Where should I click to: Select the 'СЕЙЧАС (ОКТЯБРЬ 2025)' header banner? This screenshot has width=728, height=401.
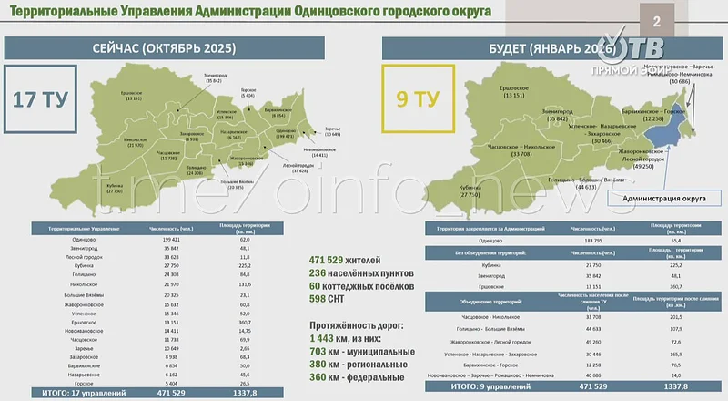(x=165, y=47)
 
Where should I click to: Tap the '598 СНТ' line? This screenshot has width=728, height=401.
(x=333, y=297)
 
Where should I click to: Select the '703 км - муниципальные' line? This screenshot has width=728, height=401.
(x=362, y=350)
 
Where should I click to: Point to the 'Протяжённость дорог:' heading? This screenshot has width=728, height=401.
(x=361, y=324)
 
